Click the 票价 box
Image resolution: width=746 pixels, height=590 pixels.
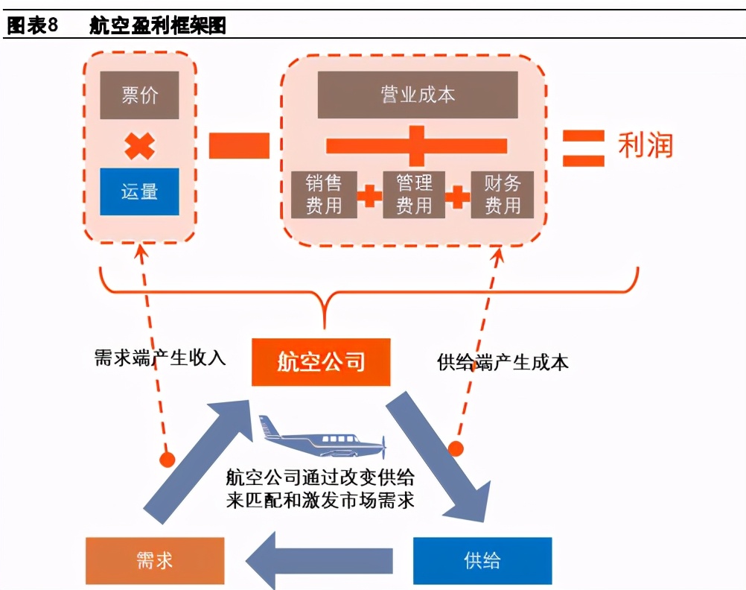click(139, 95)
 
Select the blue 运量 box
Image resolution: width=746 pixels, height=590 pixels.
click(139, 191)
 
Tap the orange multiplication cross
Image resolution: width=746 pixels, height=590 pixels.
click(139, 145)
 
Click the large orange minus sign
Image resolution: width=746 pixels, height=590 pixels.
click(238, 145)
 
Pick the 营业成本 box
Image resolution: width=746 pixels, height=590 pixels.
click(417, 95)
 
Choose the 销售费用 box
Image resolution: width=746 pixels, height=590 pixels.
click(323, 194)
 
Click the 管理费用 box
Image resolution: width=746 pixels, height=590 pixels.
click(414, 194)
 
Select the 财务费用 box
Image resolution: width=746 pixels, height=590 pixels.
click(503, 194)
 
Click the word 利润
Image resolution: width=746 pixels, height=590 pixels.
click(645, 146)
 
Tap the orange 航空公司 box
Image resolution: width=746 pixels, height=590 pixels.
click(321, 363)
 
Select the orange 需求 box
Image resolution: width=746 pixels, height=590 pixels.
click(154, 560)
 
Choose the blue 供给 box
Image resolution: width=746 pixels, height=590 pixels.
click(482, 560)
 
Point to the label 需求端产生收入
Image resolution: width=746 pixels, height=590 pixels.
click(159, 358)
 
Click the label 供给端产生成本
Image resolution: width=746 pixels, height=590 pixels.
click(503, 363)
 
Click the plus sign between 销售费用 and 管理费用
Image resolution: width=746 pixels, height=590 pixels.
click(369, 196)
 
